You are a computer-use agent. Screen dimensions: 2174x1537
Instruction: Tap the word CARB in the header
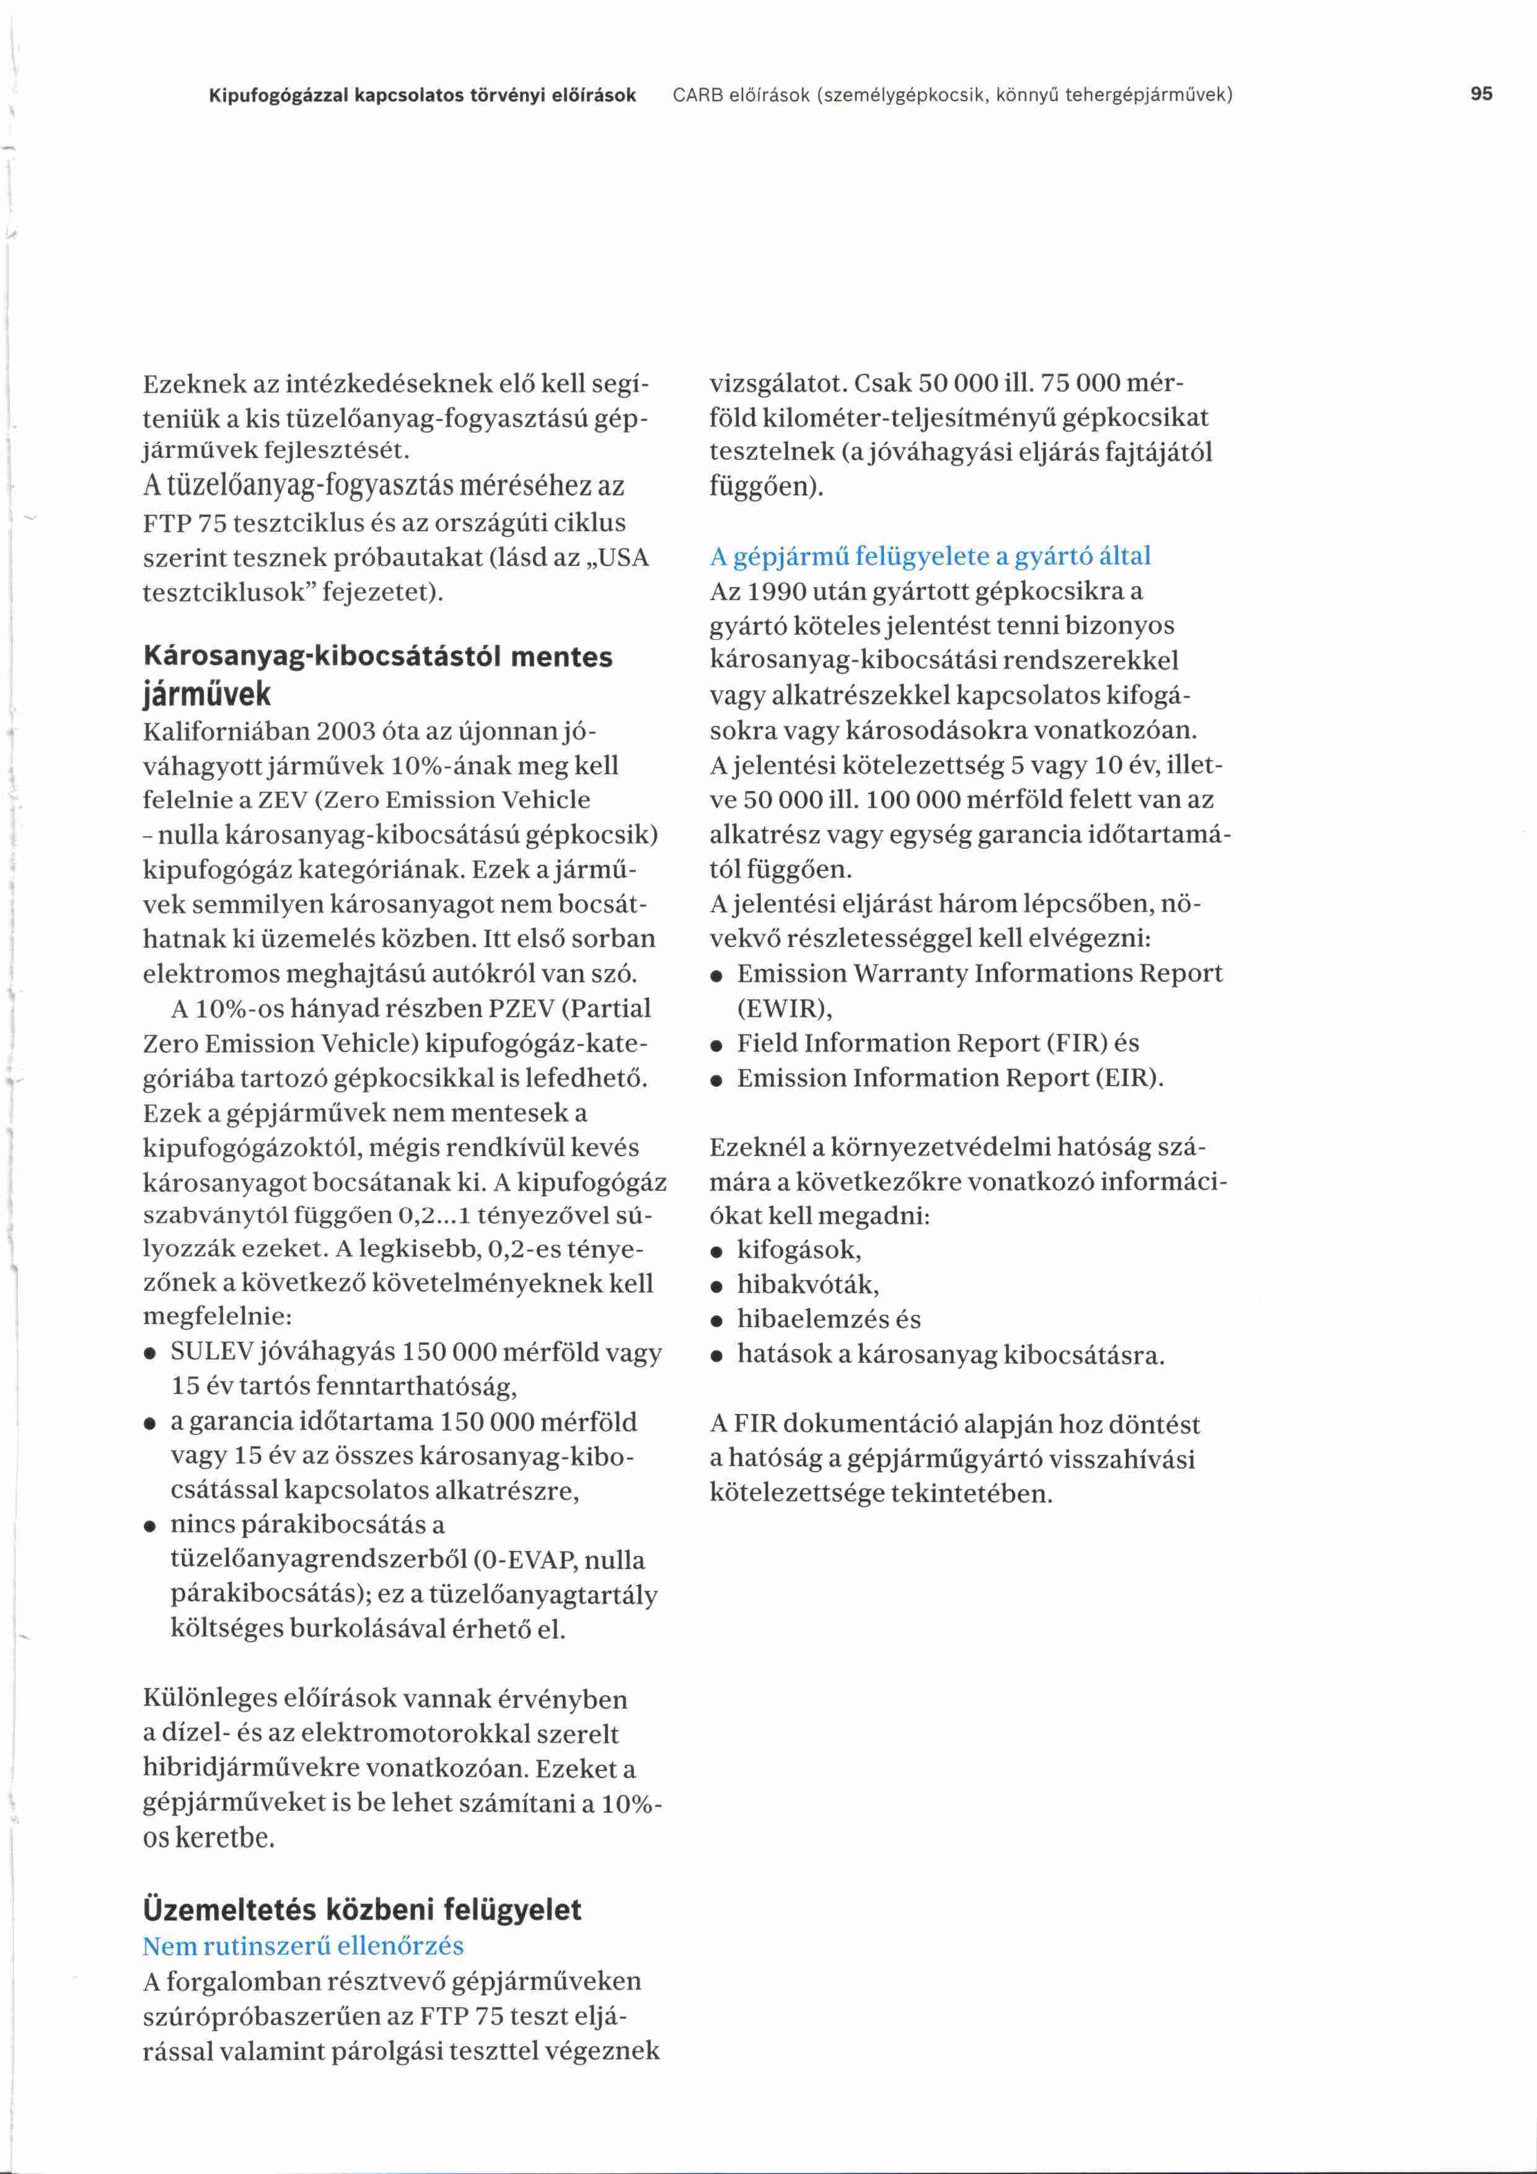tap(694, 95)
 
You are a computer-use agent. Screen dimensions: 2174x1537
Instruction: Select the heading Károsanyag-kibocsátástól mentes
tap(377, 656)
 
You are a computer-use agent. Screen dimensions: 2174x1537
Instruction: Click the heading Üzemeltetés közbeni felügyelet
tap(361, 1909)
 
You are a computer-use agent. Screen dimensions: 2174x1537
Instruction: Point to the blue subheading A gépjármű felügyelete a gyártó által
tap(930, 556)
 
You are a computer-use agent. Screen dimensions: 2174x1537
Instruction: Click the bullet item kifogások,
tap(799, 1250)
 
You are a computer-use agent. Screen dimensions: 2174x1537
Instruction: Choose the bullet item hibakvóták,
tap(808, 1285)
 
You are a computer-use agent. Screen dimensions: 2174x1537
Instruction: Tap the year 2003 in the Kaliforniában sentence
tap(348, 732)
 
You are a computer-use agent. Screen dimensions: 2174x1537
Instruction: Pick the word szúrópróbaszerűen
tap(275, 2016)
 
